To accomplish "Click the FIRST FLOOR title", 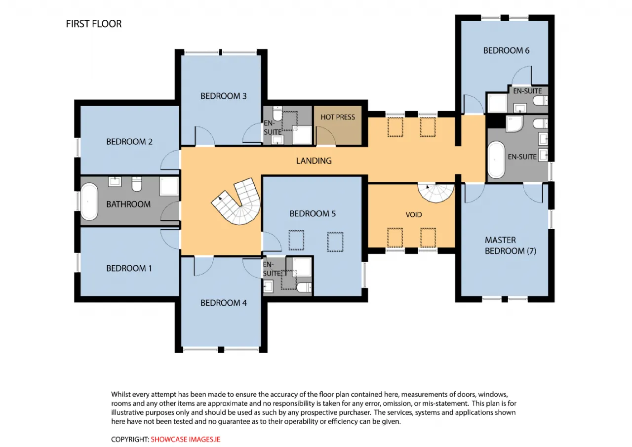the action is (94, 24).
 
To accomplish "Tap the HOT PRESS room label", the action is (337, 117).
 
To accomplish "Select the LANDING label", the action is (314, 161).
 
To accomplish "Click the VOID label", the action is (414, 215).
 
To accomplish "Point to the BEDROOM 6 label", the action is (506, 50).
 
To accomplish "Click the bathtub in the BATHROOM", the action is (89, 202).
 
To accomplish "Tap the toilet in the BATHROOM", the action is (137, 184).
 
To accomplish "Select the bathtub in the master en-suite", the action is (496, 160).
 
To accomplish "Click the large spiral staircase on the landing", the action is (237, 201).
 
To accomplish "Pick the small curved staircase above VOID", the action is (436, 193).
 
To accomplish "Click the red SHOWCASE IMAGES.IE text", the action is (185, 440).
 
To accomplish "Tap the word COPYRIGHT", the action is (130, 440).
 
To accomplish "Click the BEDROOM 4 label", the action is (224, 303).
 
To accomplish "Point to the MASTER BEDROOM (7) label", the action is (511, 245).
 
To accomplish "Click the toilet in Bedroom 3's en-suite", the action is (277, 114).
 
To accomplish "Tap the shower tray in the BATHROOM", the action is (169, 186).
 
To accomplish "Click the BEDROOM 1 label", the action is (129, 268).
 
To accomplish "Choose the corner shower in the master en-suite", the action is (514, 123).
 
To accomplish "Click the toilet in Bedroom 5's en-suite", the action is (304, 287).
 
